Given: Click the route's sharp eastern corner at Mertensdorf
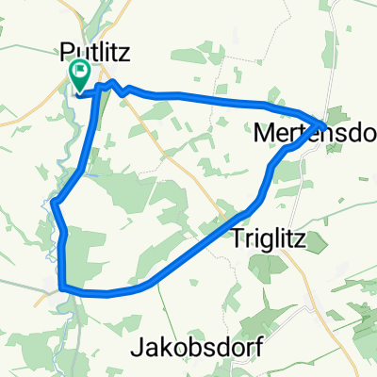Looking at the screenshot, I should [325, 123].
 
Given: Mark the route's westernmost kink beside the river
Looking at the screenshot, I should [55, 203].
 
